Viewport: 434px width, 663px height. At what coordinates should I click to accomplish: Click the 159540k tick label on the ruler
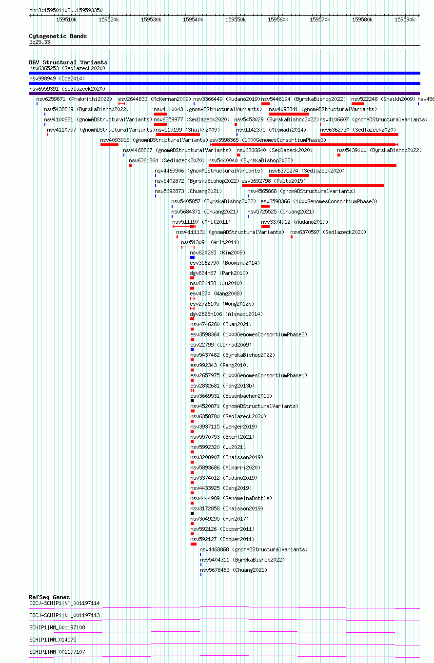(193, 19)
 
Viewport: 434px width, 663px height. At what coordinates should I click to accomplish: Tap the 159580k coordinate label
(362, 19)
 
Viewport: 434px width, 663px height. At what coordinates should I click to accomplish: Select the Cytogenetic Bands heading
(58, 36)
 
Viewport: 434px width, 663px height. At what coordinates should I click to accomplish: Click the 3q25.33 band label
(39, 42)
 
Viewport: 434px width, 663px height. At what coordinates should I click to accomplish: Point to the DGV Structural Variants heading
(68, 62)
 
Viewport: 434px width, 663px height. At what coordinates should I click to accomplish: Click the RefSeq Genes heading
(49, 597)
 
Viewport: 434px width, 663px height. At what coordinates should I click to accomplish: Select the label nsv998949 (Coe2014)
(57, 79)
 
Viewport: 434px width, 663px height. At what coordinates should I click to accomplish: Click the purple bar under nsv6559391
(224, 94)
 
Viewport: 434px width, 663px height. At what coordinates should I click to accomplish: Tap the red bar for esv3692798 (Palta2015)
(313, 186)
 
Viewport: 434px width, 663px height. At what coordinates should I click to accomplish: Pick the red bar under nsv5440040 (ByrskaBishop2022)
(302, 165)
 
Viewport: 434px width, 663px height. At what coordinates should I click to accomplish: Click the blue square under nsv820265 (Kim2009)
(192, 257)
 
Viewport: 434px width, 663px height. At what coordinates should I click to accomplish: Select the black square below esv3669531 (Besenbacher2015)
(192, 401)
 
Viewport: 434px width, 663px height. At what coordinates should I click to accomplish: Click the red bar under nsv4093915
(110, 145)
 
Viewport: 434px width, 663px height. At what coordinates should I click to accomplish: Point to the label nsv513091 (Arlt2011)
(210, 242)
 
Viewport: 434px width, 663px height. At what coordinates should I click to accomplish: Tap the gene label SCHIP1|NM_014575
(53, 640)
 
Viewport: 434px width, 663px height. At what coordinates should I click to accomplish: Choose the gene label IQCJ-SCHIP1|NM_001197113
(64, 615)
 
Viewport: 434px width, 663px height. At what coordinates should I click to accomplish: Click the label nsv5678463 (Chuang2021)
(234, 570)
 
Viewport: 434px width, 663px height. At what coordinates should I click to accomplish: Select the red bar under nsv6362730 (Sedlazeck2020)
(359, 135)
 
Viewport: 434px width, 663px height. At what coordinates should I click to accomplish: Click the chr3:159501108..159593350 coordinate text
(66, 10)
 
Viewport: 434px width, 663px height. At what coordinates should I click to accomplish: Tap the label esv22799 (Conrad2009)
(221, 345)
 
